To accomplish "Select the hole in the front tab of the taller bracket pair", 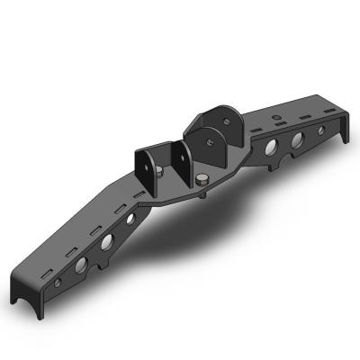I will (x=209, y=141).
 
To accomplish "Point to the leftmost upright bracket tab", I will (x=144, y=166).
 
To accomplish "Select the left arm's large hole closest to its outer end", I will (x=81, y=265).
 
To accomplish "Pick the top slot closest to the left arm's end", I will (x=56, y=251).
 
